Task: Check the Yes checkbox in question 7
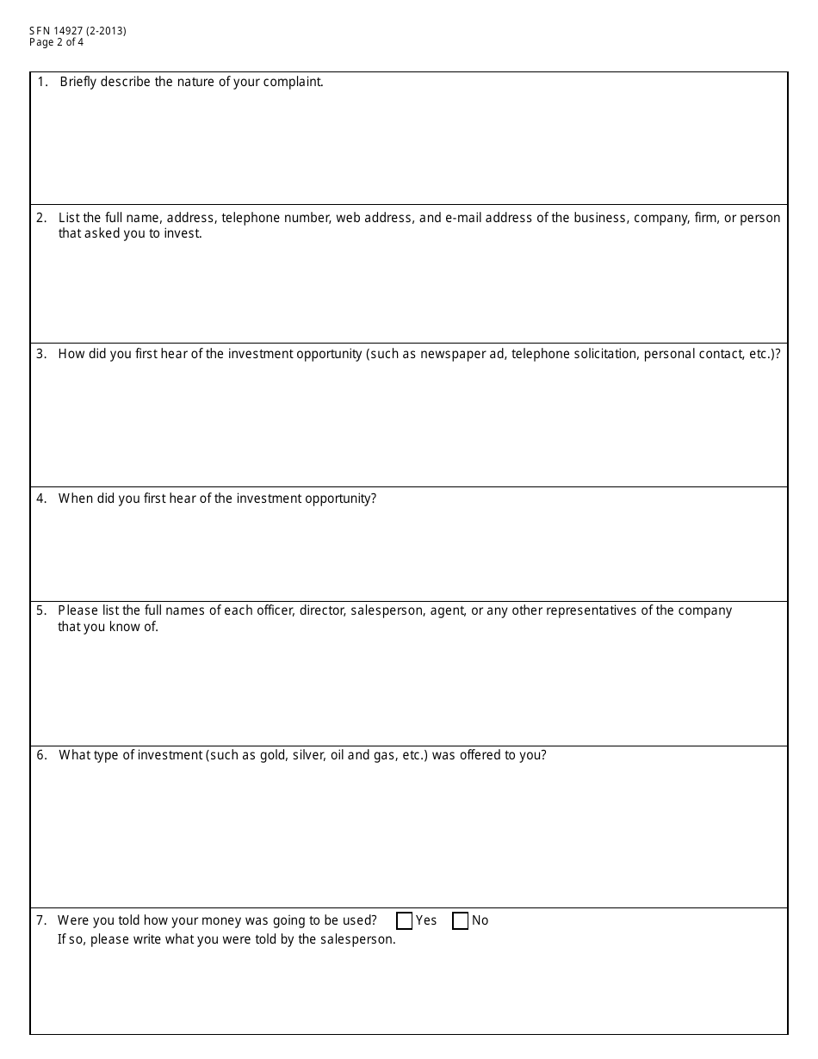tap(405, 921)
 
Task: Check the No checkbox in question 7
tap(461, 921)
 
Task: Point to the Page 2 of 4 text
tap(57, 42)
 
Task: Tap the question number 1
tap(42, 83)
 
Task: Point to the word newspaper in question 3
tap(452, 355)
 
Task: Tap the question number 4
tap(41, 499)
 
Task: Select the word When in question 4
tap(76, 499)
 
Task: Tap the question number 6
tap(41, 756)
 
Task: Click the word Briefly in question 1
tap(78, 83)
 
